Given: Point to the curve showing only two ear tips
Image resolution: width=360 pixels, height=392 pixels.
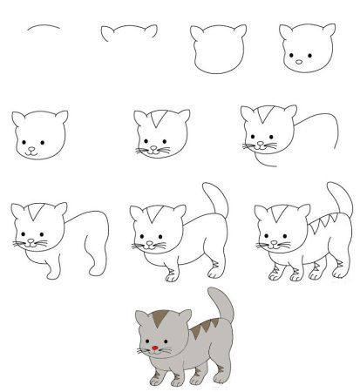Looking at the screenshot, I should [129, 33].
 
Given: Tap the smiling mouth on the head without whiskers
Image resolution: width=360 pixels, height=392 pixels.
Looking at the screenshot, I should [32, 152].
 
